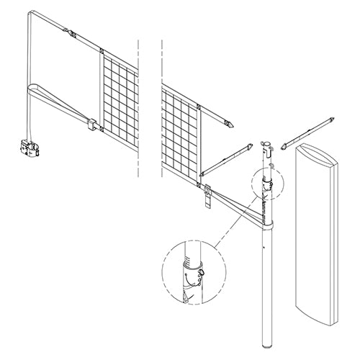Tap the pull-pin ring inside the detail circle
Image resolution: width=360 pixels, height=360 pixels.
click(x=201, y=271)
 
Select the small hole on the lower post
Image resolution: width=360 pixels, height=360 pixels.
click(x=266, y=251)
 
